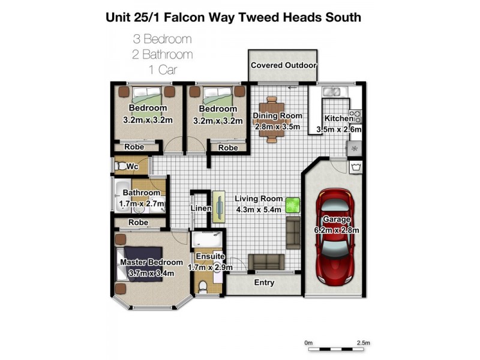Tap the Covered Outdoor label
click(283, 65)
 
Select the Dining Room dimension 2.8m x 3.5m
click(277, 127)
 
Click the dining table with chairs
click(272, 119)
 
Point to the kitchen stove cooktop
click(355, 116)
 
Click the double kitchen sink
click(331, 92)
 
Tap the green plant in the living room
click(292, 205)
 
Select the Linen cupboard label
click(201, 208)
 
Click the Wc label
click(132, 166)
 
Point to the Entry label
click(264, 283)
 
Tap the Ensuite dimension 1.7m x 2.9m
click(209, 267)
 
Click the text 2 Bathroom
click(163, 55)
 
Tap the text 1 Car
click(163, 70)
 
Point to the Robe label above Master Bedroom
click(139, 222)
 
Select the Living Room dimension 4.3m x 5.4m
click(259, 209)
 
